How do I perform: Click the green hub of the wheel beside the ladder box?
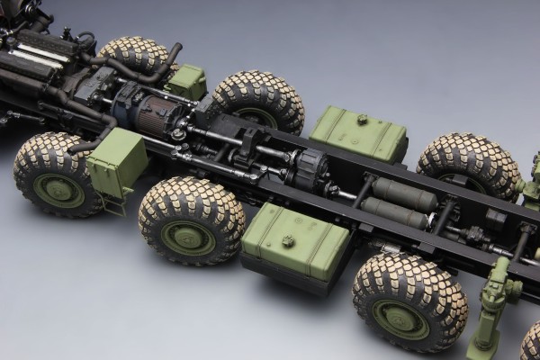59,190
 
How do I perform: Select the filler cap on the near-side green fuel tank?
288,241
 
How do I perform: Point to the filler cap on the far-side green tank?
361,120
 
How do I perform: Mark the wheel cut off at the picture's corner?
531,342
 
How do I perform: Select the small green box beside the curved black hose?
186,81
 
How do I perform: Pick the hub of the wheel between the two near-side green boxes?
188,238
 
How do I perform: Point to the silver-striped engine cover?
36,49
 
